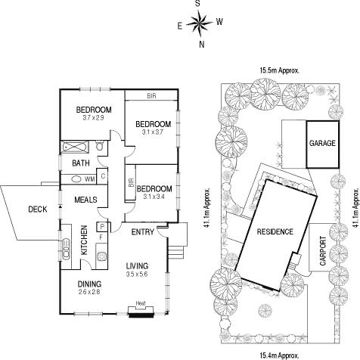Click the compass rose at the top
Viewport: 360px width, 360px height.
[x=200, y=26]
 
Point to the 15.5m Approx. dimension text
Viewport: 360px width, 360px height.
[x=278, y=70]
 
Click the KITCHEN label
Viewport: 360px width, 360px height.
[x=85, y=240]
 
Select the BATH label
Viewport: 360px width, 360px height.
[x=81, y=163]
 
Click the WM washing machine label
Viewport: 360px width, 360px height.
[x=89, y=179]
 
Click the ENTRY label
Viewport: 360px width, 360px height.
[x=142, y=231]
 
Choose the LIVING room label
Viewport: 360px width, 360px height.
[x=137, y=266]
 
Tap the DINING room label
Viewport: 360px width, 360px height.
[x=89, y=284]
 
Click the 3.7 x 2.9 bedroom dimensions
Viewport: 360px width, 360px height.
[x=93, y=118]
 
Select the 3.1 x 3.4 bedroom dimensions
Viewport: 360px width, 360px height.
[x=154, y=197]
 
